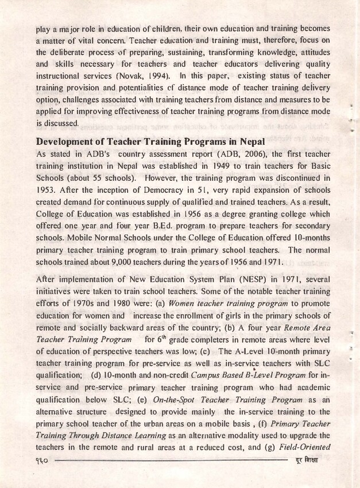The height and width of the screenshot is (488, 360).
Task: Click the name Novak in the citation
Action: pyautogui.click(x=128, y=75)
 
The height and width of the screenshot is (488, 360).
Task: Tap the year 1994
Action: pyautogui.click(x=154, y=75)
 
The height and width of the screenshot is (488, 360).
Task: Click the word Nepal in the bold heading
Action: pyautogui.click(x=249, y=141)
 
